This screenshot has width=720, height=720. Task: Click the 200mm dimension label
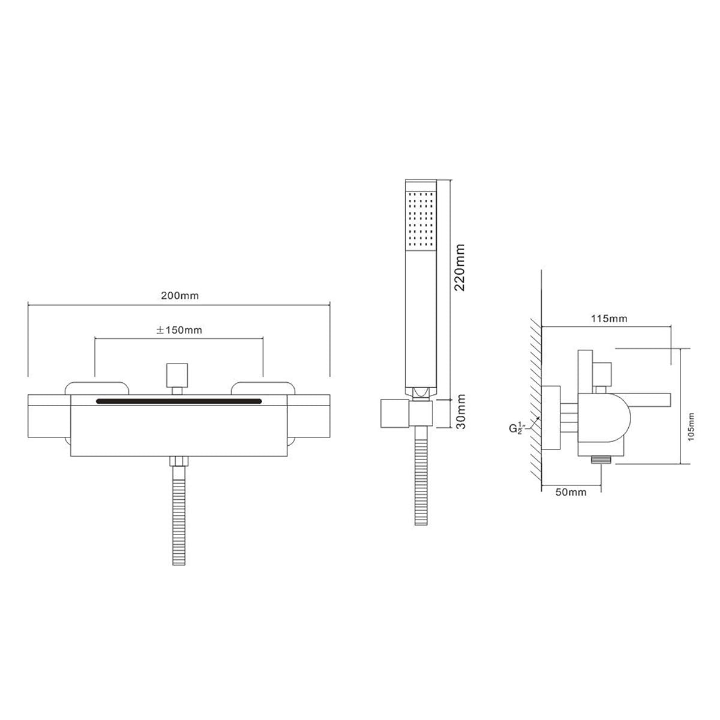[180, 296]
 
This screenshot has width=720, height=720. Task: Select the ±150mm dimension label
[179, 330]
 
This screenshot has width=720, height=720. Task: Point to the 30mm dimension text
[461, 412]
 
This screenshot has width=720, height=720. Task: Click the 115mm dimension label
[609, 319]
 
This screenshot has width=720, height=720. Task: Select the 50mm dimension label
[571, 492]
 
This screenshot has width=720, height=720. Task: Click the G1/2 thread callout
[517, 428]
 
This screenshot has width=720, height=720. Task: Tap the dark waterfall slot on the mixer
[179, 401]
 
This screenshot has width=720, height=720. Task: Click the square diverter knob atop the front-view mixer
[177, 374]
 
